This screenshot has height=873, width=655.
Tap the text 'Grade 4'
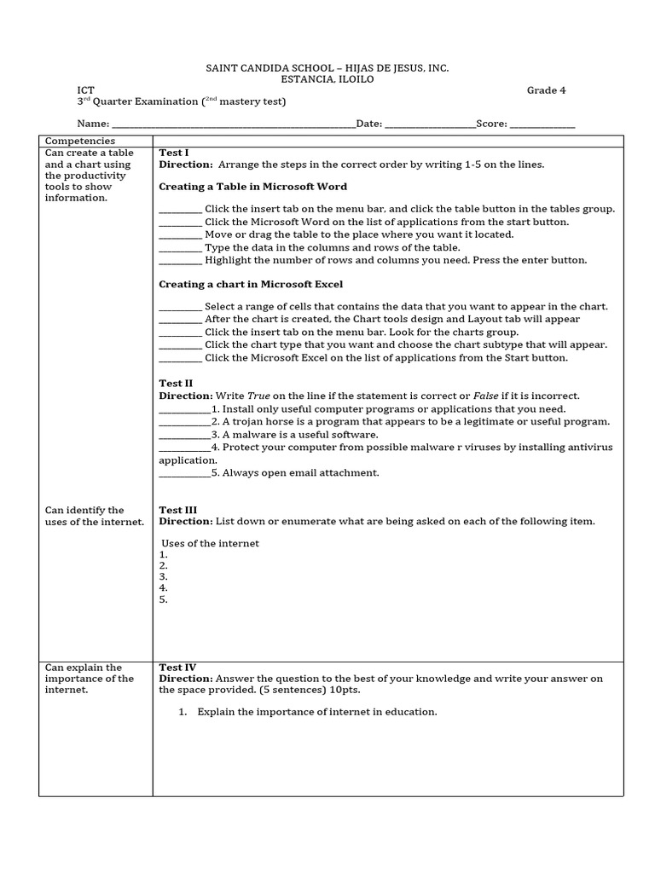(x=546, y=90)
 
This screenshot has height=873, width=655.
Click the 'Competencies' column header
(x=79, y=141)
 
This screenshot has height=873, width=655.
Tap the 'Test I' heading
(x=174, y=153)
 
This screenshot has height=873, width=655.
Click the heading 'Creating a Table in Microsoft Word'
(x=253, y=186)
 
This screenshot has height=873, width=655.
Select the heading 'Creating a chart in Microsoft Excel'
(x=252, y=284)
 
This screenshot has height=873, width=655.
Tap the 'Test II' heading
(x=176, y=384)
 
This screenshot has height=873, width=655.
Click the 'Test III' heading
(x=177, y=510)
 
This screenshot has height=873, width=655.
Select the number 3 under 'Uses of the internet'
(x=163, y=576)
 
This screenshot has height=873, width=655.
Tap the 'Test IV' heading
(x=177, y=668)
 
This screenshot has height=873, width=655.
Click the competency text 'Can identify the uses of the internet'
(x=94, y=516)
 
